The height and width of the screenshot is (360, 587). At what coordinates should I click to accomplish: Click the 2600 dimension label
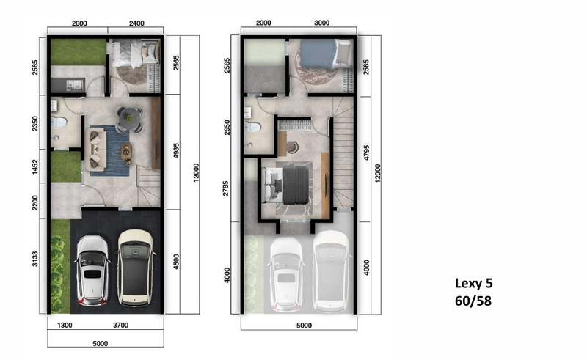[79, 23]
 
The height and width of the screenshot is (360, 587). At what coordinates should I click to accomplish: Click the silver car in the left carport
[93, 270]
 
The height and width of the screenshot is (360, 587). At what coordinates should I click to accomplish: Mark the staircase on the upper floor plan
[343, 158]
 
